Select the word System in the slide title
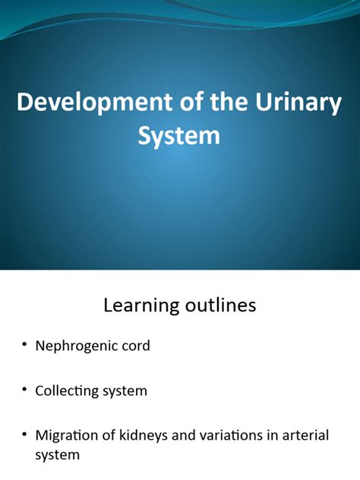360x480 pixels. click(179, 136)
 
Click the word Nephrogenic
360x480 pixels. click(82, 346)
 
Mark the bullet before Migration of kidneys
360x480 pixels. click(24, 436)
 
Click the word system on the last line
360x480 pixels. click(57, 456)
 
